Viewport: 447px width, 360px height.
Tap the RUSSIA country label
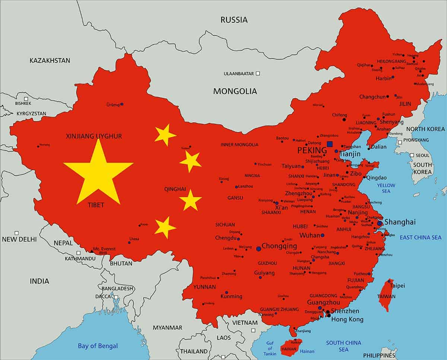coord(234,20)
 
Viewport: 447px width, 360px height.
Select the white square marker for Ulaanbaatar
coord(258,73)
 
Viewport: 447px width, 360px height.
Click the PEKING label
coord(312,151)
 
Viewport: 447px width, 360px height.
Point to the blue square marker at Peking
coord(329,144)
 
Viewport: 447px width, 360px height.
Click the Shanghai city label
coord(400,222)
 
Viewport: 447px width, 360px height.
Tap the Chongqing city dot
coord(259,248)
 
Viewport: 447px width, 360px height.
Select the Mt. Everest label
coord(104,249)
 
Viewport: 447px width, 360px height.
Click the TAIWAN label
coord(387,297)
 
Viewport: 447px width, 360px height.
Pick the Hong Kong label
coord(347,319)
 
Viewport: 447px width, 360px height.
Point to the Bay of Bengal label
coord(98,346)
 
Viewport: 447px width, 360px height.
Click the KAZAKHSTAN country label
coord(50,60)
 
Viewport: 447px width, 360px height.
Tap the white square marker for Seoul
coord(412,155)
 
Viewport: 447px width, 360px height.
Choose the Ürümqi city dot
coord(122,104)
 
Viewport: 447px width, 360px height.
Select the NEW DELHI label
coord(19,239)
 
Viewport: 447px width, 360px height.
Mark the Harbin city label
coord(383,78)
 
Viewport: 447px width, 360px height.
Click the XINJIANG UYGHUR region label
coord(94,136)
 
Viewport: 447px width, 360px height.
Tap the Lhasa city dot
coord(129,243)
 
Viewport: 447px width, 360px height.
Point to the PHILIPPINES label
coord(379,355)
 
